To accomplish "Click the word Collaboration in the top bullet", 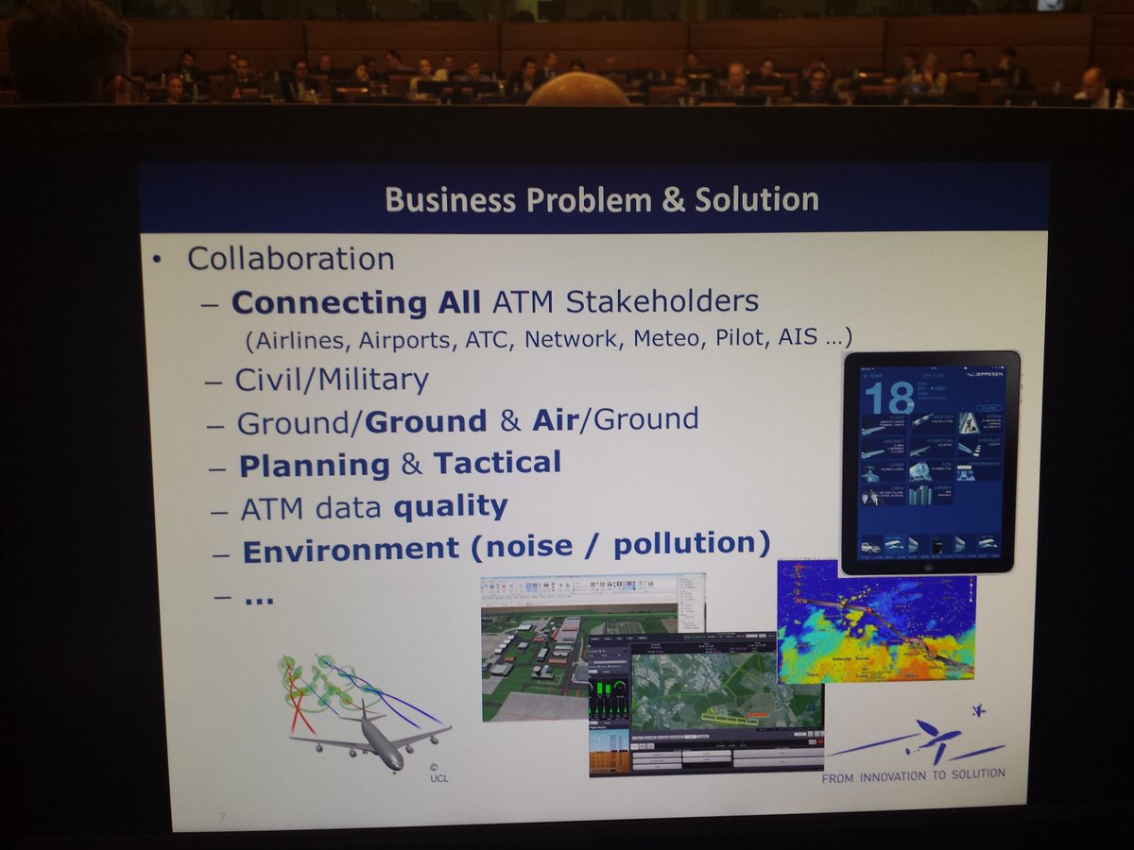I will pyautogui.click(x=290, y=258).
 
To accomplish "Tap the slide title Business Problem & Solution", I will pyautogui.click(x=602, y=199).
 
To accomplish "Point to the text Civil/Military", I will pyautogui.click(x=332, y=380).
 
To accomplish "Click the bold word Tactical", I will pyautogui.click(x=497, y=463).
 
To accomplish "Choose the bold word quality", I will pyautogui.click(x=451, y=506).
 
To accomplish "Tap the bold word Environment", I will pyautogui.click(x=351, y=550).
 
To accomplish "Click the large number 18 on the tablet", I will pyautogui.click(x=888, y=397).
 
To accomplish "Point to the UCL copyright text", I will pyautogui.click(x=438, y=773).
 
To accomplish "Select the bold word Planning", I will pyautogui.click(x=315, y=466).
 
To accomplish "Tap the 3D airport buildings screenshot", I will pyautogui.click(x=534, y=652).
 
